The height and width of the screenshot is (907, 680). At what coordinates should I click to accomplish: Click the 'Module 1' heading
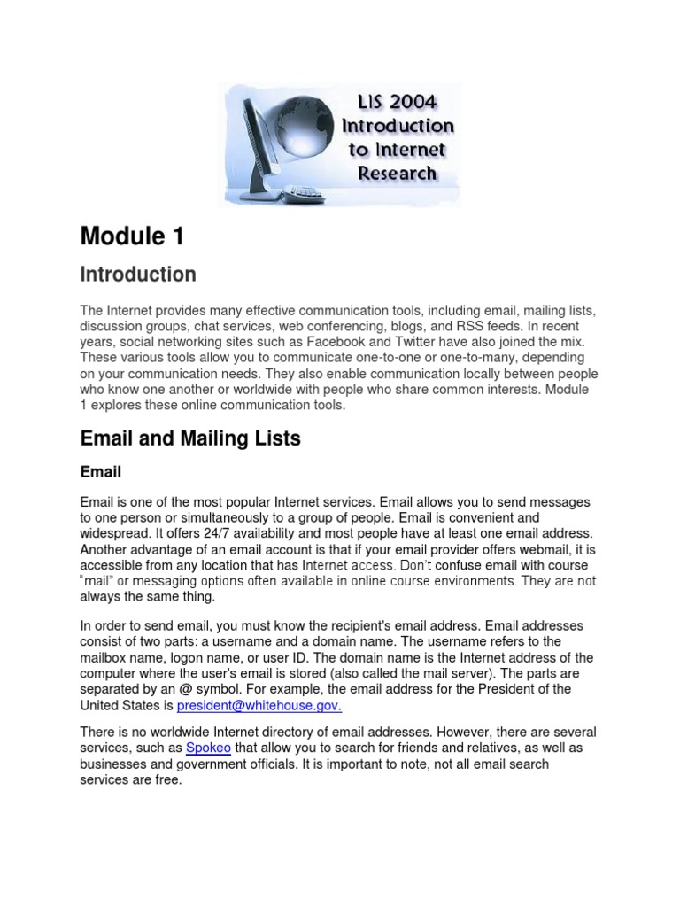pos(134,236)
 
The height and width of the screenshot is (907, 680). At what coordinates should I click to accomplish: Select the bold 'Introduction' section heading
pos(138,275)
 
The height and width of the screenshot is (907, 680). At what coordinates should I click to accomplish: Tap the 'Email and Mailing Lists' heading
pos(190,438)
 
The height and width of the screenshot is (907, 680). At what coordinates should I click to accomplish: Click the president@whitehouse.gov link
pos(259,706)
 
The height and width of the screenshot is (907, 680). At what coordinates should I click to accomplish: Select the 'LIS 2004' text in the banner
pos(398,102)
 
